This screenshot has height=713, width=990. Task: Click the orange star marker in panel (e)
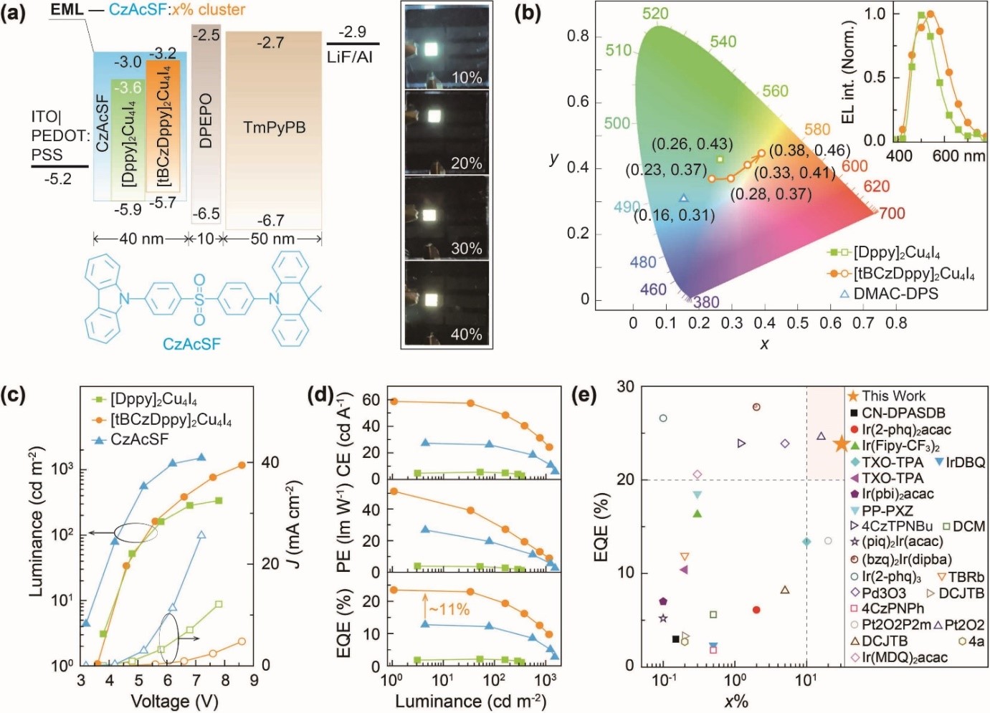(842, 444)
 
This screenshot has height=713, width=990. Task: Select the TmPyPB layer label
(275, 128)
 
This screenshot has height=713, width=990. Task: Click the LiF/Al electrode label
(350, 57)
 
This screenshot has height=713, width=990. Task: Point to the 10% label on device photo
(466, 77)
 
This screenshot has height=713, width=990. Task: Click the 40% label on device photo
(466, 335)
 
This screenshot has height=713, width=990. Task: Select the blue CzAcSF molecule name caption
(191, 344)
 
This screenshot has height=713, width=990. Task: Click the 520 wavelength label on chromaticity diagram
(655, 14)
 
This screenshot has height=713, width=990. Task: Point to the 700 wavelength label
(892, 214)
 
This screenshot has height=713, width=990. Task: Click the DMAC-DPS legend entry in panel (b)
(895, 293)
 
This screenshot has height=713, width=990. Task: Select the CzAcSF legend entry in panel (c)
(140, 439)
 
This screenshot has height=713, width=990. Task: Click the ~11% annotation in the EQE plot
(449, 610)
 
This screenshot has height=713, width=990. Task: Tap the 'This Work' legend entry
(893, 396)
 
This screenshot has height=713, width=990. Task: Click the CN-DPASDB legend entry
(903, 413)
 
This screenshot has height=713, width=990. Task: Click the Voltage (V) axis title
(174, 701)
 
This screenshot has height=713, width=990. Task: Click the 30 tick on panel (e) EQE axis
(626, 387)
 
